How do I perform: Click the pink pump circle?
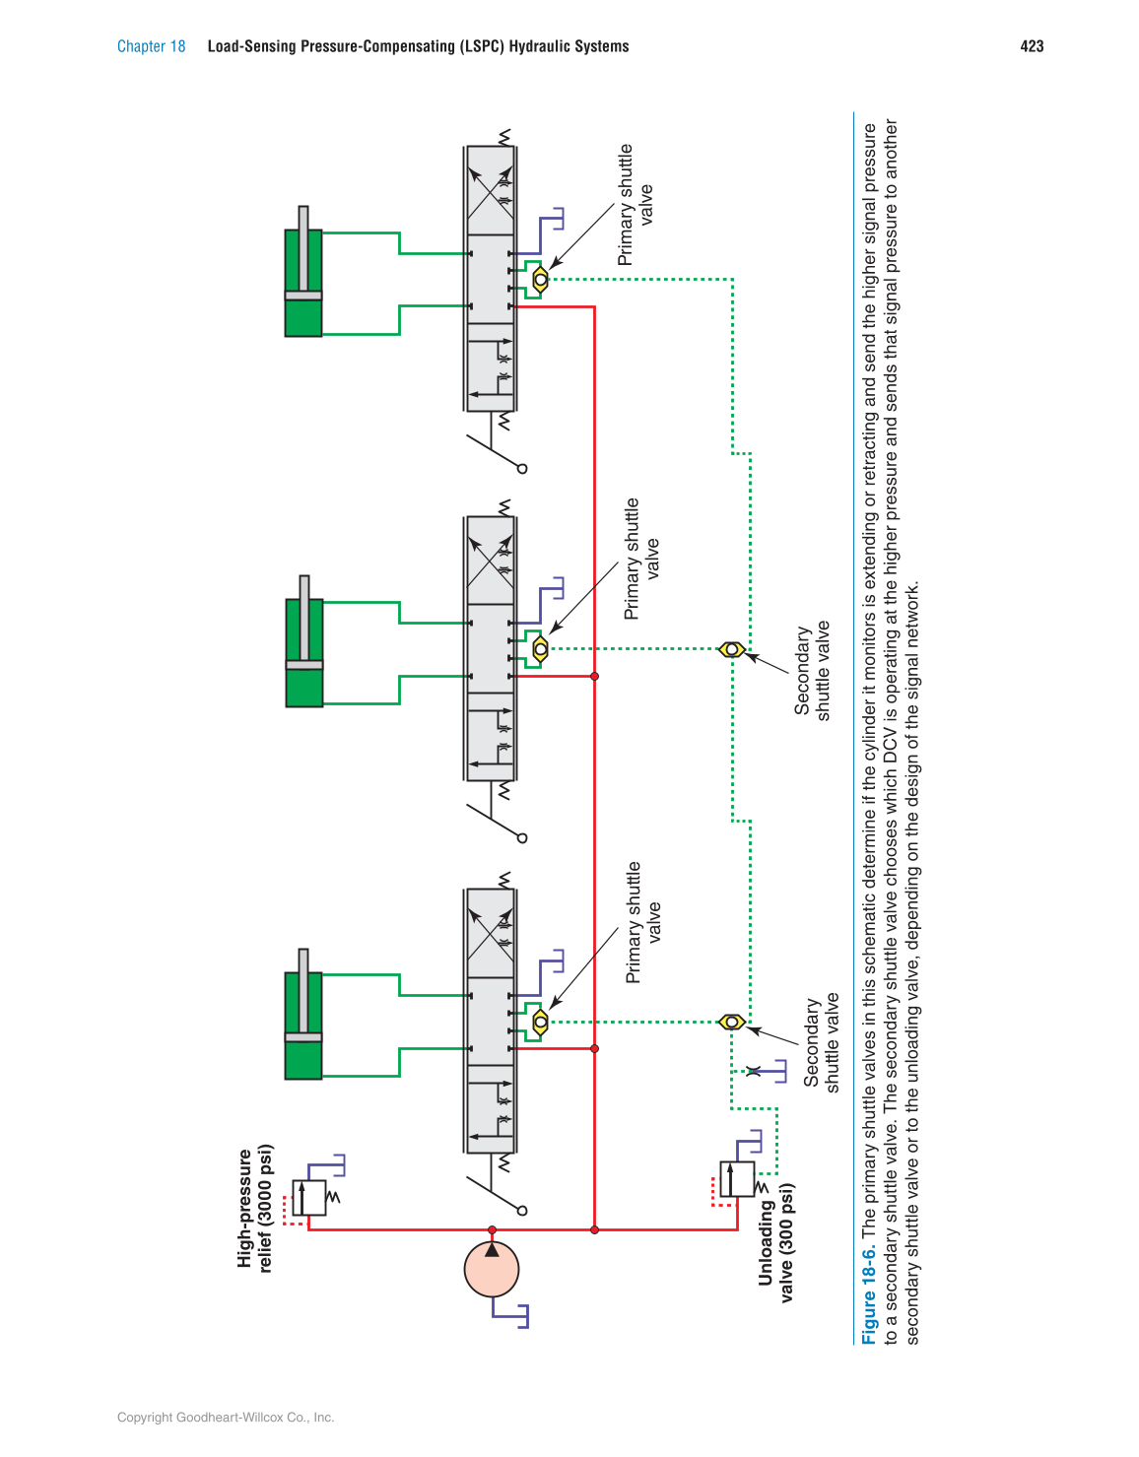pos(492,1269)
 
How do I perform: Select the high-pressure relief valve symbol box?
pos(309,1197)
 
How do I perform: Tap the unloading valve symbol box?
pos(737,1179)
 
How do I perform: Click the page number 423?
pos(1032,46)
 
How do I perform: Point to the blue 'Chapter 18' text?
pos(151,46)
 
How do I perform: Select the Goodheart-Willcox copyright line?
pos(226,1418)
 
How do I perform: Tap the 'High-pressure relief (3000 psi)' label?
pos(254,1209)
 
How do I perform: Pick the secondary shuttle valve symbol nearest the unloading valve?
pos(731,1022)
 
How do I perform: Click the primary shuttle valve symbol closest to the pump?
pos(540,1022)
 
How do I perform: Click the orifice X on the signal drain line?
pos(753,1071)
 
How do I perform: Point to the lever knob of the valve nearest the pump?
pos(522,1211)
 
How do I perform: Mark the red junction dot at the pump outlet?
pos(492,1230)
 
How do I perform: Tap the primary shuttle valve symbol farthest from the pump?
pos(540,280)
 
